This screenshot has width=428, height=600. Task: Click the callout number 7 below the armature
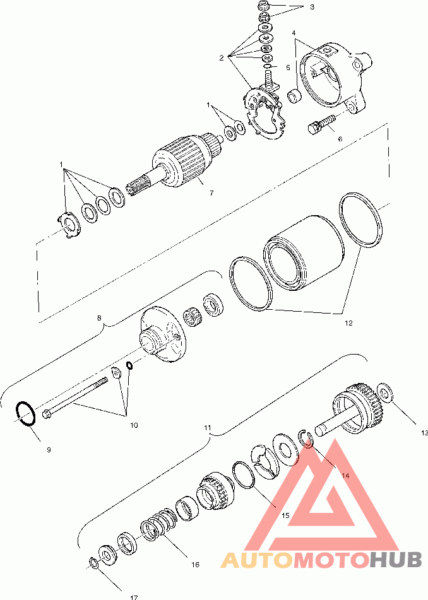[211, 193]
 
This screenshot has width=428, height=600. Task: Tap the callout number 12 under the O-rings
[348, 323]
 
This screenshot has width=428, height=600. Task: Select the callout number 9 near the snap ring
[49, 450]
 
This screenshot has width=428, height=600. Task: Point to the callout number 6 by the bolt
[340, 139]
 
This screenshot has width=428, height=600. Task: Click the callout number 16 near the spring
[195, 565]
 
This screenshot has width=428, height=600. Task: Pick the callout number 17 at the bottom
[134, 597]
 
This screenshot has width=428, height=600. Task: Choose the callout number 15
[285, 515]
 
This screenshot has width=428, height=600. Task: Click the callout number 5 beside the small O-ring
[288, 68]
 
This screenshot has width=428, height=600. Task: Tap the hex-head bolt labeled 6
[321, 124]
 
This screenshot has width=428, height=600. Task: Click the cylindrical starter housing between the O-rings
[304, 254]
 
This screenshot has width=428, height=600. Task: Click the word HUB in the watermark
[395, 560]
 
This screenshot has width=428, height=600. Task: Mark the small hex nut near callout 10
[116, 372]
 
